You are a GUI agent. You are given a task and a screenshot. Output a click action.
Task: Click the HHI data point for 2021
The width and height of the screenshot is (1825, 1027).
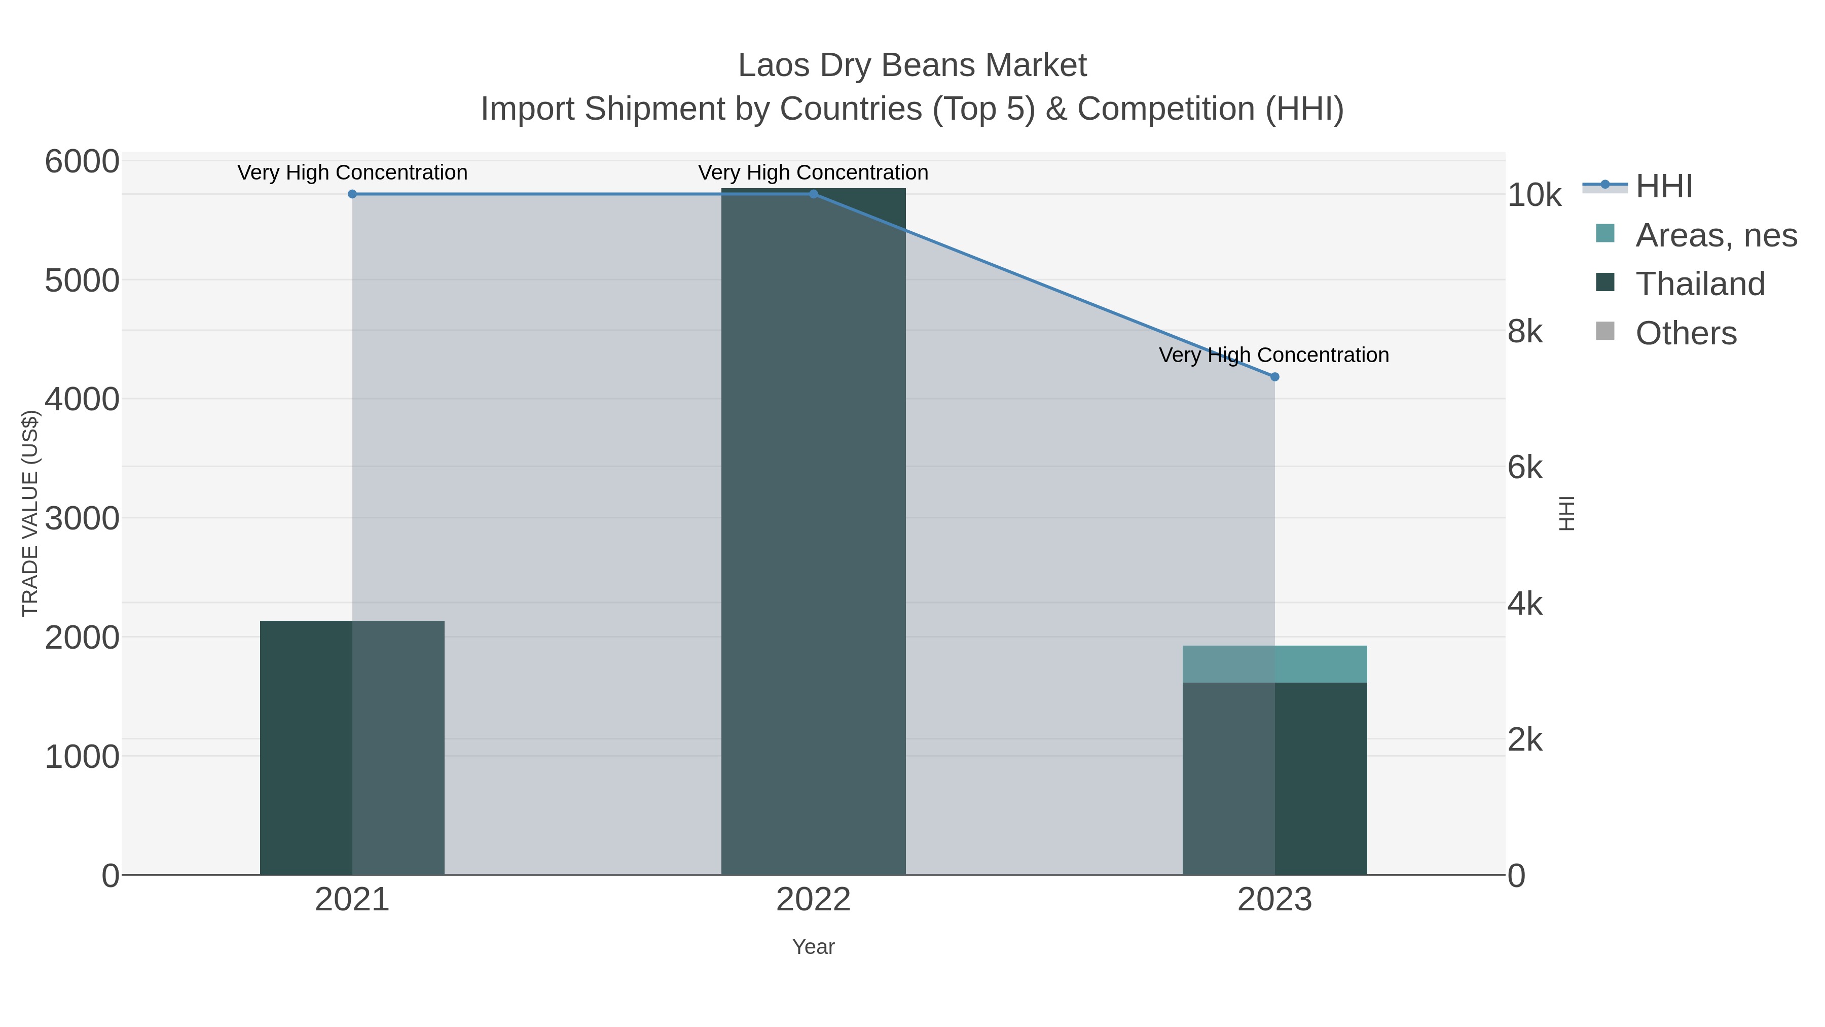click(352, 194)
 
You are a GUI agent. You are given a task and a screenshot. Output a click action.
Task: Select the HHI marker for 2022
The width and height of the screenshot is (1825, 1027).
click(813, 194)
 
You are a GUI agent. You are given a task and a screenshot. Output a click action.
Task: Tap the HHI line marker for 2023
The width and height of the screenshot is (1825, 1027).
click(1274, 377)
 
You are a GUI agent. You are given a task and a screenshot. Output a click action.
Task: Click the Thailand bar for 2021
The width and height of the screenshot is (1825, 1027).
click(352, 748)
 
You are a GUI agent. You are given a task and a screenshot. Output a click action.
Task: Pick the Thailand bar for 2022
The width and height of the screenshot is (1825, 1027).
click(813, 532)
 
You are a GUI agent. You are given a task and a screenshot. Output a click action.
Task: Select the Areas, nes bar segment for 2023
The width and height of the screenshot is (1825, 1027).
click(1274, 664)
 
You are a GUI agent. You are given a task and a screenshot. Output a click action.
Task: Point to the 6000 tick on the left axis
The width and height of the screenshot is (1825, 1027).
click(82, 162)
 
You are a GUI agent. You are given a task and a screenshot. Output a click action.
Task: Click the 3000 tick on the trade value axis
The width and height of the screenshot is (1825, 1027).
click(82, 519)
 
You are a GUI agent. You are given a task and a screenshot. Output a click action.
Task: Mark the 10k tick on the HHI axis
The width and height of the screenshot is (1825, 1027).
click(1534, 196)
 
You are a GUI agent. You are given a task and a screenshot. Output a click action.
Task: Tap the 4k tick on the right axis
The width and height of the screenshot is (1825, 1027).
click(1524, 604)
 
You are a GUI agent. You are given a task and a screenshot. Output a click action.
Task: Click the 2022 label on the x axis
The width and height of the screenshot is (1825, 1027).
click(813, 900)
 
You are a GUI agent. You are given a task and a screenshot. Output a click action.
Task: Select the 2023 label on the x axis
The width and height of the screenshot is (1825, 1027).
click(1274, 900)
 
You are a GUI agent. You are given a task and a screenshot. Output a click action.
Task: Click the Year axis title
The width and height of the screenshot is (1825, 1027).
click(813, 947)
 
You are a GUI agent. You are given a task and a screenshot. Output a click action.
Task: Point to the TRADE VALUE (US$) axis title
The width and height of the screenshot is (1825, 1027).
click(30, 513)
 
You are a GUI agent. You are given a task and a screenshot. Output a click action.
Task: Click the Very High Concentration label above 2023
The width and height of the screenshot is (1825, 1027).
click(1274, 355)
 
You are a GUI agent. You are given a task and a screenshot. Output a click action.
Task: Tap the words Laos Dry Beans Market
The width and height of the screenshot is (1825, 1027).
click(912, 66)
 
